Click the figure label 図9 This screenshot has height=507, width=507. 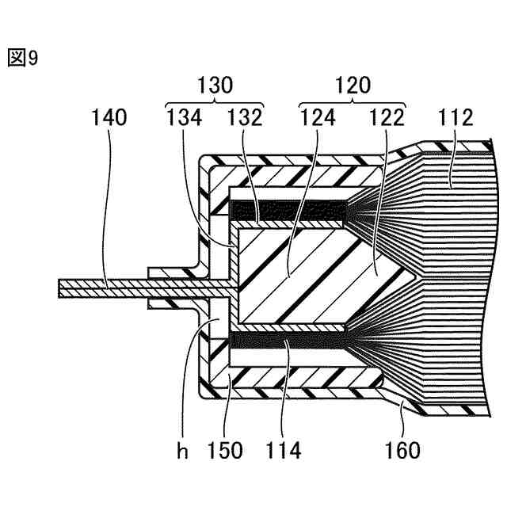tap(23, 59)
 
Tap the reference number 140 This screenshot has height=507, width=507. tap(109, 117)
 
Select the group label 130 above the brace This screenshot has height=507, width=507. tap(215, 85)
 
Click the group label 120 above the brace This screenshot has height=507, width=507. tap(353, 85)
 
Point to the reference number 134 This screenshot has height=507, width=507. tap(184, 117)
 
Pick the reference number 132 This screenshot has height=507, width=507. tap(245, 117)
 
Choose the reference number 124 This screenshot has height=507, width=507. tap(318, 117)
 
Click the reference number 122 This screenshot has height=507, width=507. tap(387, 117)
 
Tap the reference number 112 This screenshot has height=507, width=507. tap(456, 117)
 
